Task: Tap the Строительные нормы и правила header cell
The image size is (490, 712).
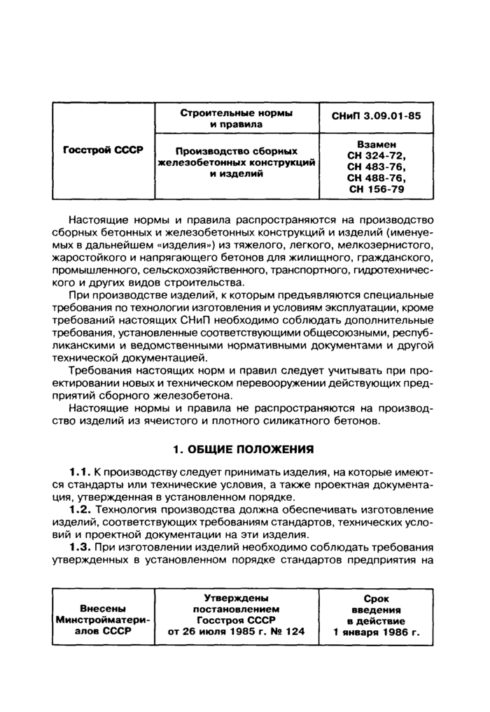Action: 237,118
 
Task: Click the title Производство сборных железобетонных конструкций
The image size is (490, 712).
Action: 237,162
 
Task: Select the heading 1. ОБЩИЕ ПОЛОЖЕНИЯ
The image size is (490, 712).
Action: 243,448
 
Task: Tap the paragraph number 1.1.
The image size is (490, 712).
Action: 79,474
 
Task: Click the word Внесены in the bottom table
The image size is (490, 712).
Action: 103,608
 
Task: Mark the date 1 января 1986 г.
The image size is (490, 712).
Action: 377,632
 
